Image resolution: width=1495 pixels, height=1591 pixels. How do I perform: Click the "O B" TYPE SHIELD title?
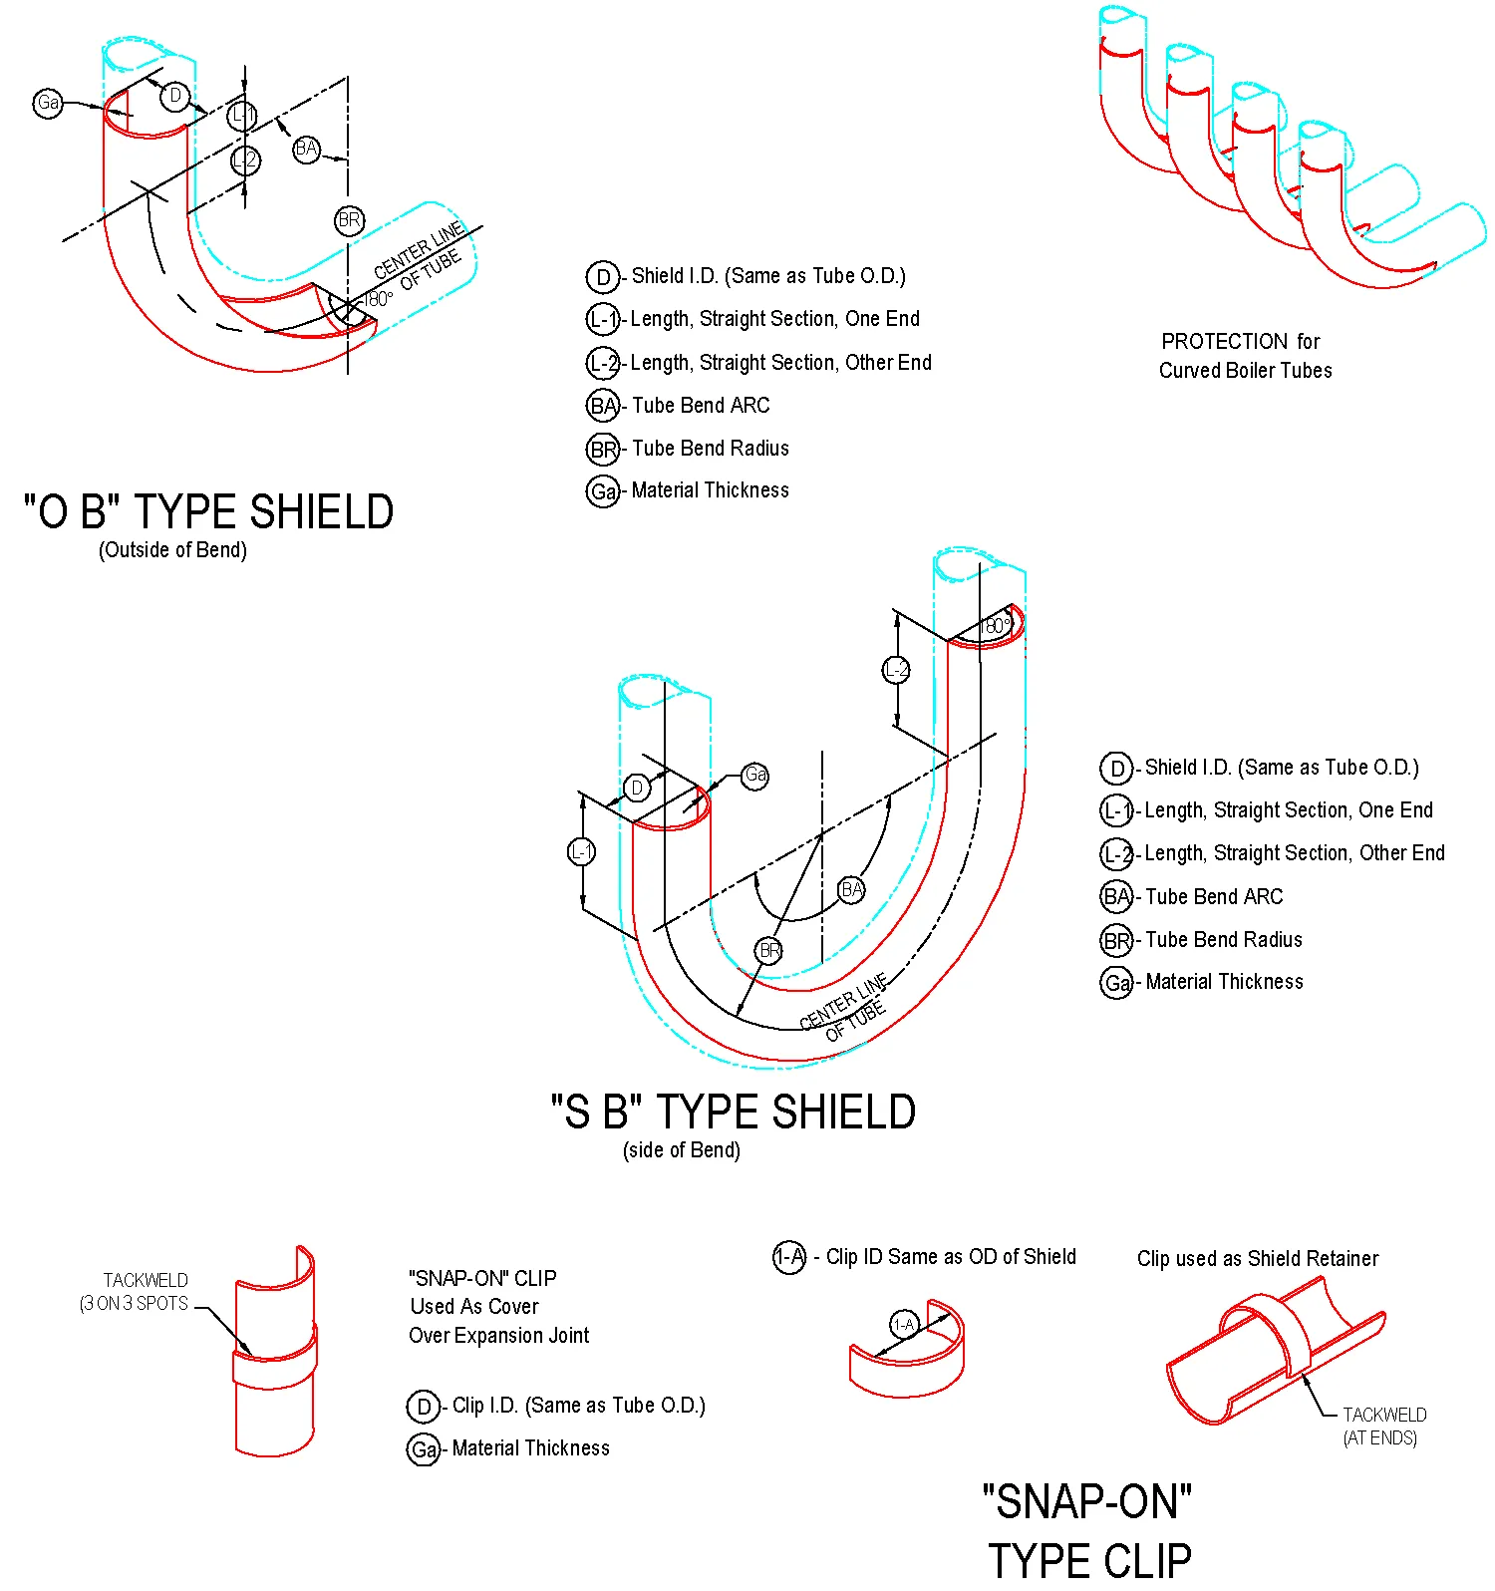(x=208, y=512)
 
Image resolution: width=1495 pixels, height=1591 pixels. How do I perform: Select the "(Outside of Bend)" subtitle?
(x=172, y=550)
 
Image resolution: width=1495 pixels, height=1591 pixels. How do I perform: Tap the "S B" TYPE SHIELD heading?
(x=734, y=1113)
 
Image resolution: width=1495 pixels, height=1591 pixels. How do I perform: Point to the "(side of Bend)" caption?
(x=682, y=1150)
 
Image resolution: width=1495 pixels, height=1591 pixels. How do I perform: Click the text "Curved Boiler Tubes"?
(x=1245, y=371)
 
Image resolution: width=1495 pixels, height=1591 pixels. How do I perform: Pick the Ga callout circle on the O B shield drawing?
(x=48, y=103)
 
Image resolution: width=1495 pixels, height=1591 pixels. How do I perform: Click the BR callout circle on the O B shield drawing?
(x=349, y=220)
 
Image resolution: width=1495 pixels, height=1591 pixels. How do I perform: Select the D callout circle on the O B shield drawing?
(x=175, y=96)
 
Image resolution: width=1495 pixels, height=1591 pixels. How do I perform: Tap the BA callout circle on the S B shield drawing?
(x=851, y=889)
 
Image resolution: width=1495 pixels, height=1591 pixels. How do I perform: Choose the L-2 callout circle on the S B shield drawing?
(x=897, y=670)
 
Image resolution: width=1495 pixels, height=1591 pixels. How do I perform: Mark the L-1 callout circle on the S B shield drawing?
(x=581, y=851)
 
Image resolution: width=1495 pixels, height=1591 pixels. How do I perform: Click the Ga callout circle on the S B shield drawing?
(x=755, y=776)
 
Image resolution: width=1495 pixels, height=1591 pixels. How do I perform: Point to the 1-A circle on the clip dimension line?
(x=903, y=1325)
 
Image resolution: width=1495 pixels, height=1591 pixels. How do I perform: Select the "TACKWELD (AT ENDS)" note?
(x=1382, y=1427)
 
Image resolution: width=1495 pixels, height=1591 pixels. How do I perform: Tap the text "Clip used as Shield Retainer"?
(x=1258, y=1259)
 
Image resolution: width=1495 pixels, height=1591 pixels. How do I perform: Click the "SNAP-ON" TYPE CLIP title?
(x=1088, y=1531)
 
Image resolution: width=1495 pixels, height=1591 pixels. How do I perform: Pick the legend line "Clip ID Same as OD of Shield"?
(x=950, y=1257)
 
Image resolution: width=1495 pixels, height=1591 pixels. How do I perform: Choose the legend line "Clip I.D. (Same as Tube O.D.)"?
(x=578, y=1406)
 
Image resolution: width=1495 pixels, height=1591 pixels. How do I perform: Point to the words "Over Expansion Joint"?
(x=498, y=1336)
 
